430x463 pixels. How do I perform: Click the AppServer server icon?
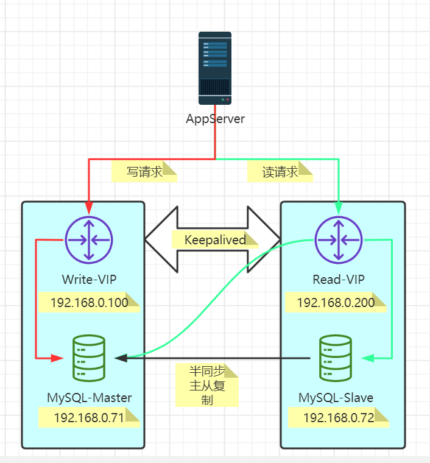pos(215,68)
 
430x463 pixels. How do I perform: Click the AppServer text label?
pos(215,119)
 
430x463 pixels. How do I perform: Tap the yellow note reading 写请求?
pos(144,172)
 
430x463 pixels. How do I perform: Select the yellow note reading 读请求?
pos(280,172)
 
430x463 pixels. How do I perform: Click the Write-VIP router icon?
pos(89,239)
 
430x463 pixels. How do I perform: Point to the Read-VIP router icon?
pos(338,239)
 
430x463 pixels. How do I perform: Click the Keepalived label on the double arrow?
pos(215,239)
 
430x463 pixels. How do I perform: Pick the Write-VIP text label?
pos(89,280)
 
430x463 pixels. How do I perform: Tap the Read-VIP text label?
pos(338,280)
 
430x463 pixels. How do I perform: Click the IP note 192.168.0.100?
pos(89,303)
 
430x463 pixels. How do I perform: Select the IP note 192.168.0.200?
pos(336,303)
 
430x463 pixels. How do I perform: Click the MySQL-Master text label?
pos(89,398)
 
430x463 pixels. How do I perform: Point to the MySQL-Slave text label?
pos(336,398)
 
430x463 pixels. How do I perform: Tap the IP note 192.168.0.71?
pos(89,417)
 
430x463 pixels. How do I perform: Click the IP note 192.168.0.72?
pos(338,417)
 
